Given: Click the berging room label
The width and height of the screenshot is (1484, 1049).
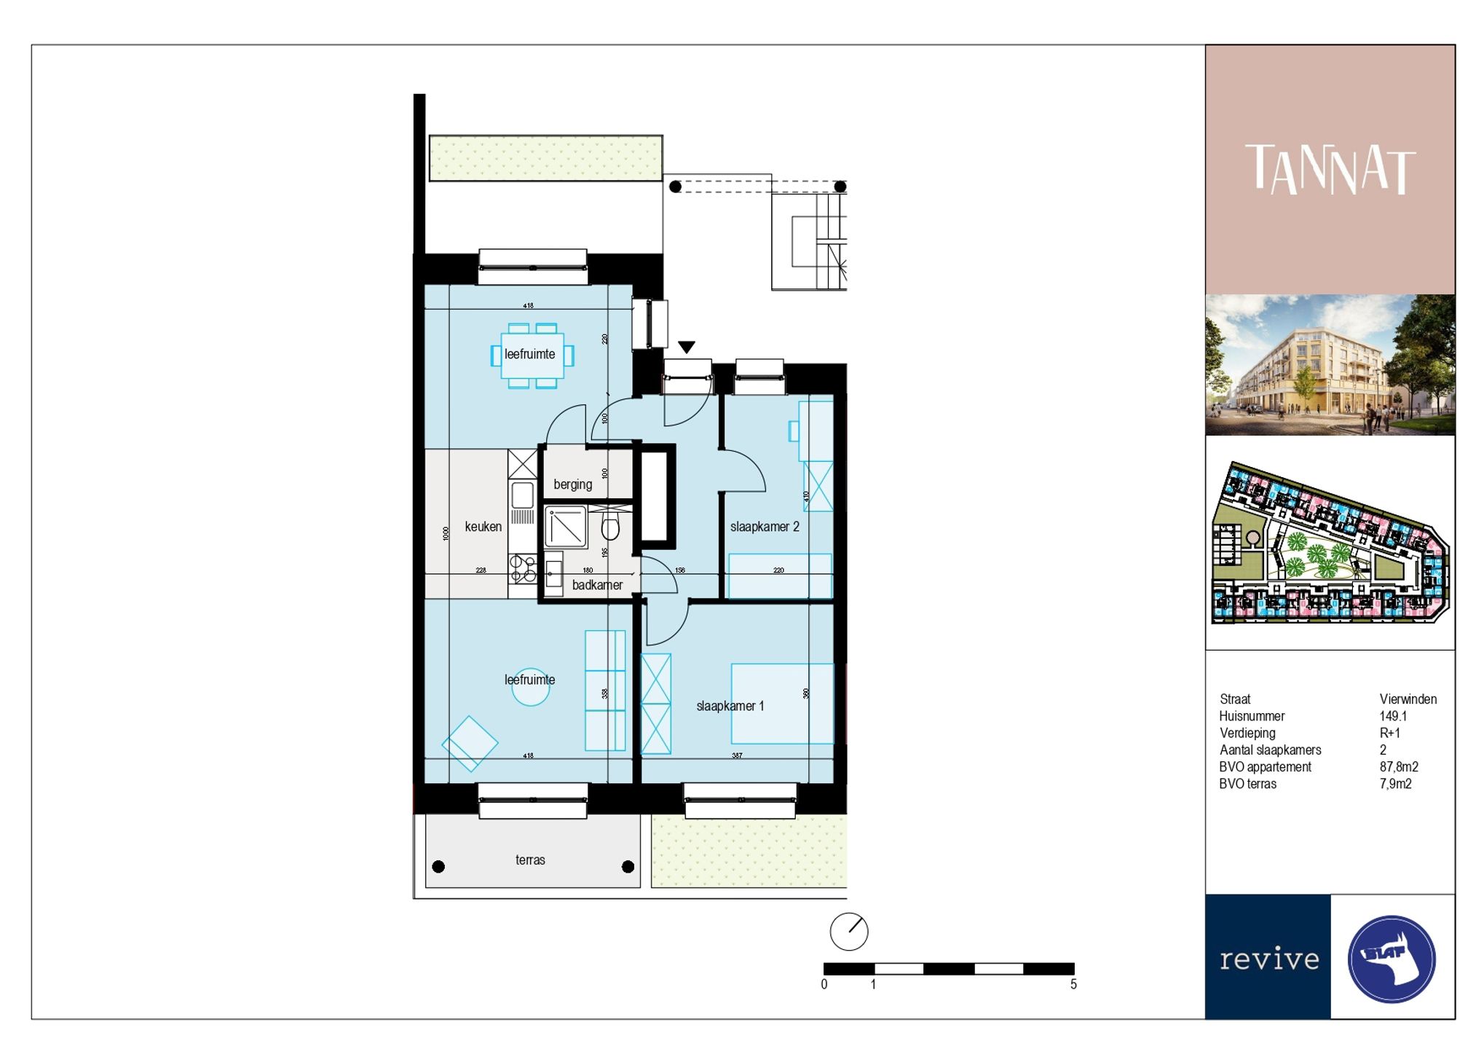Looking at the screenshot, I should click(x=572, y=484).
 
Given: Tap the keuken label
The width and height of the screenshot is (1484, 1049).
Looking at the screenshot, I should click(x=483, y=527).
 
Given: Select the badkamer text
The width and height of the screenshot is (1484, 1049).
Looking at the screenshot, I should click(x=597, y=585).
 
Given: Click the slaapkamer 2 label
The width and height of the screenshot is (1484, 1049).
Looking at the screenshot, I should click(x=765, y=527).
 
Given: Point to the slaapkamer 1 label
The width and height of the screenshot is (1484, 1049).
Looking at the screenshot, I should click(x=730, y=706).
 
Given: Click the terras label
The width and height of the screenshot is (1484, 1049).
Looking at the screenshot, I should click(x=530, y=860).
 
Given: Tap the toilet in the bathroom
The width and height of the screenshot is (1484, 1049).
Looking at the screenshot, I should click(x=610, y=526).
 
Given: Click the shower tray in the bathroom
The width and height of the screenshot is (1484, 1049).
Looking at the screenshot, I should click(x=566, y=527).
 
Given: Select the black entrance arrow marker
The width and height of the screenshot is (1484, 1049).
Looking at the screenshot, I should click(x=686, y=347).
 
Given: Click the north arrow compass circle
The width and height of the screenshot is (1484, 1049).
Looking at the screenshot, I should click(x=849, y=932).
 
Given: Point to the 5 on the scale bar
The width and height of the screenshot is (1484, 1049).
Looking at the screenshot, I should click(x=1073, y=984).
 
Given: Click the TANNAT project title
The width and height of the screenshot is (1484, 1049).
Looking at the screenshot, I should click(x=1330, y=170).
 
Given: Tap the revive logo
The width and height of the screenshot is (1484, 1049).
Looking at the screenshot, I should click(x=1268, y=959).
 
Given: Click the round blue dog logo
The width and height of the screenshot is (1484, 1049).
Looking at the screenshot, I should click(x=1392, y=959).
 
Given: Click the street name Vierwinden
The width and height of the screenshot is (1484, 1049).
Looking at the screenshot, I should click(x=1408, y=699).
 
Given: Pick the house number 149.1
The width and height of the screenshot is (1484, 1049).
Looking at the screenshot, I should click(x=1393, y=716).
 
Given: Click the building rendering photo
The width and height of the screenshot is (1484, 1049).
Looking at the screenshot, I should click(x=1330, y=365).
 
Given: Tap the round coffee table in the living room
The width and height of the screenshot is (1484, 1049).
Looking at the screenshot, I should click(x=530, y=688).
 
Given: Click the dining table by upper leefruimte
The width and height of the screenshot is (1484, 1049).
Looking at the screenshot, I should click(x=532, y=355).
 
